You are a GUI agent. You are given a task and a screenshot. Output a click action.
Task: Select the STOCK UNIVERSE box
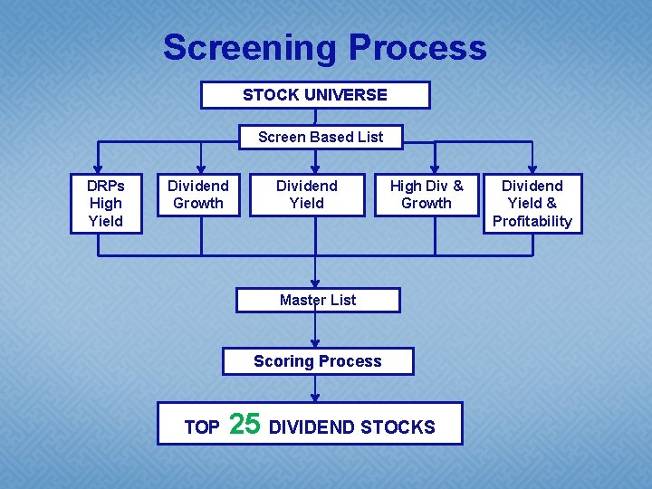315,95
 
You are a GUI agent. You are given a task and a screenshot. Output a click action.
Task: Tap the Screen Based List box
321,137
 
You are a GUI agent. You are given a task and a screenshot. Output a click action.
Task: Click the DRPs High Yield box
106,203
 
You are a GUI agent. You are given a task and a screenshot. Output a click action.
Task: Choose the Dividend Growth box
198,195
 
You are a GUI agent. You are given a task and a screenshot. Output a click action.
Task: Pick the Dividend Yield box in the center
307,195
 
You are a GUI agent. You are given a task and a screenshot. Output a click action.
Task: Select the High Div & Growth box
427,195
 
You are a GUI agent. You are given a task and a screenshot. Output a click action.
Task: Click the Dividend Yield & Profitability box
532,203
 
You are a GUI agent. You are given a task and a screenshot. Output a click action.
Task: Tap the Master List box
318,300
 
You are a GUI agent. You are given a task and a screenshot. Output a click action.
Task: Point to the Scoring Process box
318,361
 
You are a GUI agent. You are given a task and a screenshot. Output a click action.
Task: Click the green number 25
244,424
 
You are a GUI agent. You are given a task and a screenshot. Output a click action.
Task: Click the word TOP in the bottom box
202,427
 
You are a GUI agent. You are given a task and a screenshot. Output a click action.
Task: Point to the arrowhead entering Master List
315,283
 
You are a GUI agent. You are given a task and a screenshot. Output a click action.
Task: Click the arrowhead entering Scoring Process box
315,344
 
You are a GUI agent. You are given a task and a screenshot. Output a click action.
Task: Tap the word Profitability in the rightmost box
532,221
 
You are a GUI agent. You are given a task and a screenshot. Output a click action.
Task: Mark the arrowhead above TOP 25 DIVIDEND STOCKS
315,398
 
